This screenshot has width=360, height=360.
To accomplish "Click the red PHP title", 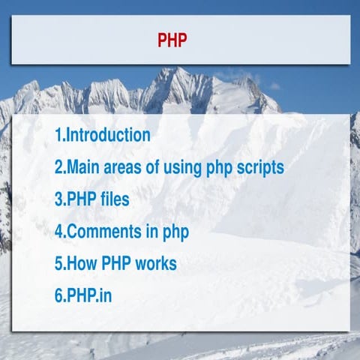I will (x=172, y=40).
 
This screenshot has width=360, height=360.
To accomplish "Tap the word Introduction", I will (x=109, y=136).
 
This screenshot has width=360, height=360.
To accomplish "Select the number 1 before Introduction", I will (x=58, y=136).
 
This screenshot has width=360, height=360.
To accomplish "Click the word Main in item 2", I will (x=83, y=167).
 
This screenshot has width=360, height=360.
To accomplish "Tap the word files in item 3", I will (x=112, y=199).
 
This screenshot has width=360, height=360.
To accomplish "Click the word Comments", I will (x=103, y=232).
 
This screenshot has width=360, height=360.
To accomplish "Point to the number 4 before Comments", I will (x=58, y=232).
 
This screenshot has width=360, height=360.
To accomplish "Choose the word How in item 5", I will (x=83, y=263).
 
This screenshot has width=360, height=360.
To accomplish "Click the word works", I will (x=155, y=263).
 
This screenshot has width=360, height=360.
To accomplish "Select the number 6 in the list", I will (x=58, y=295).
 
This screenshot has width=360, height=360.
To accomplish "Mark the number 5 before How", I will (x=58, y=263).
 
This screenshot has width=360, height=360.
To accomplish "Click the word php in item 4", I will (x=173, y=232).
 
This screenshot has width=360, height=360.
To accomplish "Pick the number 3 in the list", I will (x=58, y=199).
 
